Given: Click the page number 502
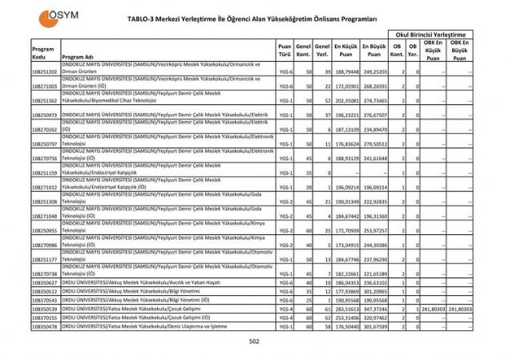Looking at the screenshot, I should pos(254,342).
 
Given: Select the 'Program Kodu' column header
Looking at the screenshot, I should pos(43,52).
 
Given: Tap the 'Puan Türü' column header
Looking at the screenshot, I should pos(285,52).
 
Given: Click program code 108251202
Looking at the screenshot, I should pos(45,72).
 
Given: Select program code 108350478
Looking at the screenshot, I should pos(45,327).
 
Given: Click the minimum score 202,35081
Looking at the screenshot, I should pos(346,101).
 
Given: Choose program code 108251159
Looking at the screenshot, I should pos(45,172).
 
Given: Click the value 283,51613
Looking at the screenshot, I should pos(346,308).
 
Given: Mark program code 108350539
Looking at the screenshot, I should pos(45,308).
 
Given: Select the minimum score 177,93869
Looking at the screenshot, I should pos(346,291).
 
